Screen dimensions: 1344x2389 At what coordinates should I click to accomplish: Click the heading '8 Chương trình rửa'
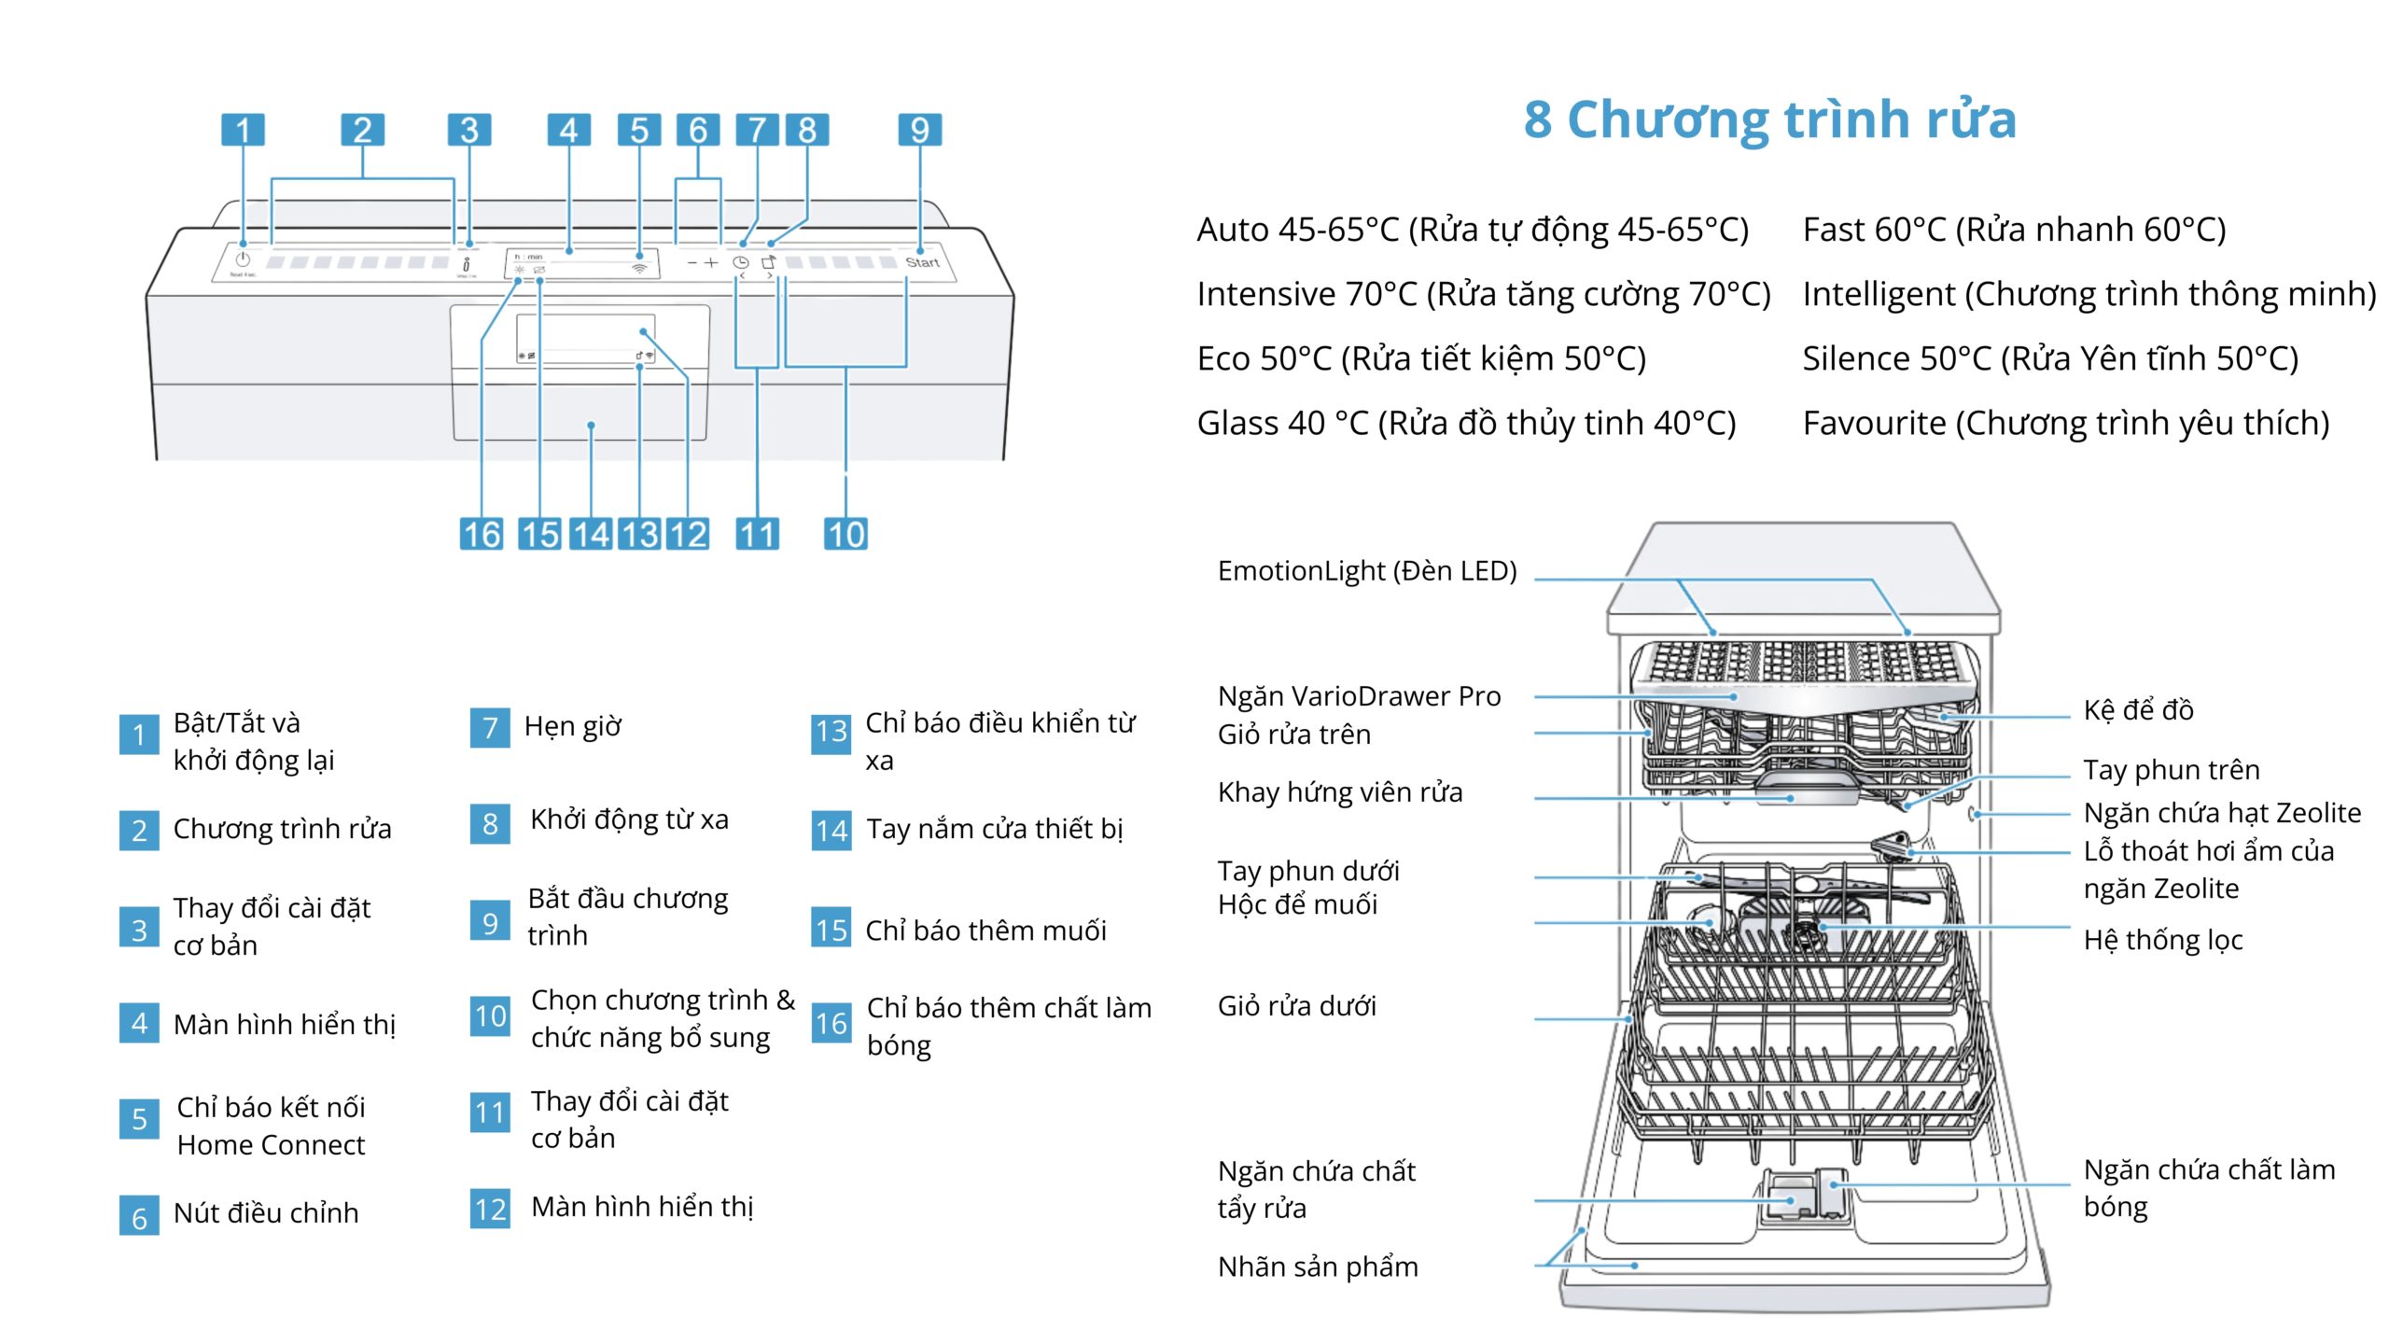(1769, 119)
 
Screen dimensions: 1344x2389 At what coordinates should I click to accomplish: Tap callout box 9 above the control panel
(919, 130)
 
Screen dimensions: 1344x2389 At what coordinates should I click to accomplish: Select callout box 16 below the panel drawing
(482, 534)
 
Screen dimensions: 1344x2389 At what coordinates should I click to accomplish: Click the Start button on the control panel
(922, 262)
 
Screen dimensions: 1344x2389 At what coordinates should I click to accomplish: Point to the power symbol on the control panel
(243, 259)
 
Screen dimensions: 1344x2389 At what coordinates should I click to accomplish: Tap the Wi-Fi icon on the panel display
(639, 268)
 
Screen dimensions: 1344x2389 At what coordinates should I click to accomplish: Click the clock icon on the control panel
(740, 263)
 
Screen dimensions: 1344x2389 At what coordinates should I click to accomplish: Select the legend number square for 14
(831, 830)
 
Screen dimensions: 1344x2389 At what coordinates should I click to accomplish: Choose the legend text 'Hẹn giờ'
(572, 726)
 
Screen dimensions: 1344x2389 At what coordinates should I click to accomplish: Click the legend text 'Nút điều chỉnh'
(266, 1212)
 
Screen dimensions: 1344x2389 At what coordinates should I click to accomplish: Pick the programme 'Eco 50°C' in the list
(1420, 358)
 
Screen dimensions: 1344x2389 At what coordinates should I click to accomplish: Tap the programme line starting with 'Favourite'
(2065, 424)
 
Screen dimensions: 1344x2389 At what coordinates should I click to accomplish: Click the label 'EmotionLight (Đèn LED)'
(1366, 570)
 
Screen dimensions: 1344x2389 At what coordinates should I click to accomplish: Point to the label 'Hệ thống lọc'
(2162, 939)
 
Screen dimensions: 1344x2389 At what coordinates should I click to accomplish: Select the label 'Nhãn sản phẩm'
(1317, 1267)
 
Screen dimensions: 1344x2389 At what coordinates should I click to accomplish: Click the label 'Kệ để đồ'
(2138, 709)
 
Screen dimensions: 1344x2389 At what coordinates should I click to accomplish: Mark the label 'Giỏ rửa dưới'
(1296, 1005)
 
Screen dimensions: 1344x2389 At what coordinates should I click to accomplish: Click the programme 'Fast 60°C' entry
(2014, 230)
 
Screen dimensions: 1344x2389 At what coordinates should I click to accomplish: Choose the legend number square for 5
(139, 1118)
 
